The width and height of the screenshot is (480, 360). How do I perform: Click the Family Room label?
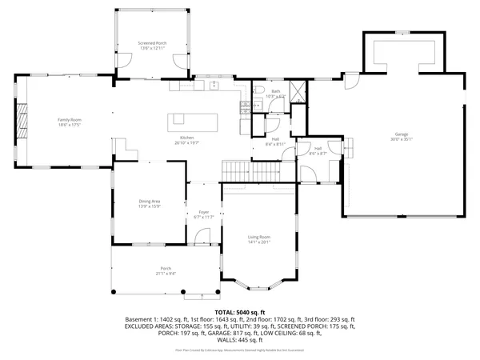pyautogui.click(x=70, y=120)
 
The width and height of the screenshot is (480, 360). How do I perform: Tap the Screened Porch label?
pyautogui.click(x=150, y=43)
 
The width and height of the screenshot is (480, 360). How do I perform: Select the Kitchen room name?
pyautogui.click(x=187, y=138)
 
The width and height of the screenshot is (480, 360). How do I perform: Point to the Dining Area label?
pyautogui.click(x=150, y=202)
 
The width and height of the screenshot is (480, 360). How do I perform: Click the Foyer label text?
pyautogui.click(x=204, y=212)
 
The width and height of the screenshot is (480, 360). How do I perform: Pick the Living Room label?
pyautogui.click(x=258, y=237)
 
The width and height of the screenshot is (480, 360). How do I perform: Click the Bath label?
pyautogui.click(x=275, y=92)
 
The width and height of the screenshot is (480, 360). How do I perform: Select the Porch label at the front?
pyautogui.click(x=166, y=268)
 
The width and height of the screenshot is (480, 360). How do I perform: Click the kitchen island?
pyautogui.click(x=193, y=122)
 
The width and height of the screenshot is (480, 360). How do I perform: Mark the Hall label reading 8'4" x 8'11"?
pyautogui.click(x=275, y=144)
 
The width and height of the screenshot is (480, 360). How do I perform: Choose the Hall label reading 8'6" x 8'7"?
pyautogui.click(x=318, y=153)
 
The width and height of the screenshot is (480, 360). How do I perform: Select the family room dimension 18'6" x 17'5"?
pyautogui.click(x=70, y=125)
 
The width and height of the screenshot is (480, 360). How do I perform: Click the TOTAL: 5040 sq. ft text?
pyautogui.click(x=239, y=312)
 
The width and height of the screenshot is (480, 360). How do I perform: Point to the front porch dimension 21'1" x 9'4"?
pyautogui.click(x=166, y=274)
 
